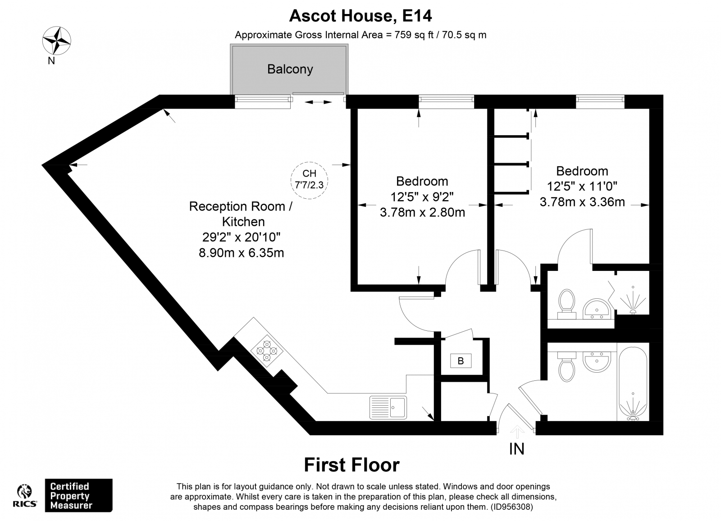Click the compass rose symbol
56,41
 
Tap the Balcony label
290,69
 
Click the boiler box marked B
461,361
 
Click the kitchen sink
388,407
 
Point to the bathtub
633,383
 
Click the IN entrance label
516,449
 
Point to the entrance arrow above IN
517,432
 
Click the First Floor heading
351,465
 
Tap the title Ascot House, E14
360,16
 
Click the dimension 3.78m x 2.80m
422,212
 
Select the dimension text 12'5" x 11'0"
582,186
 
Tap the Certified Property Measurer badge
78,495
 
